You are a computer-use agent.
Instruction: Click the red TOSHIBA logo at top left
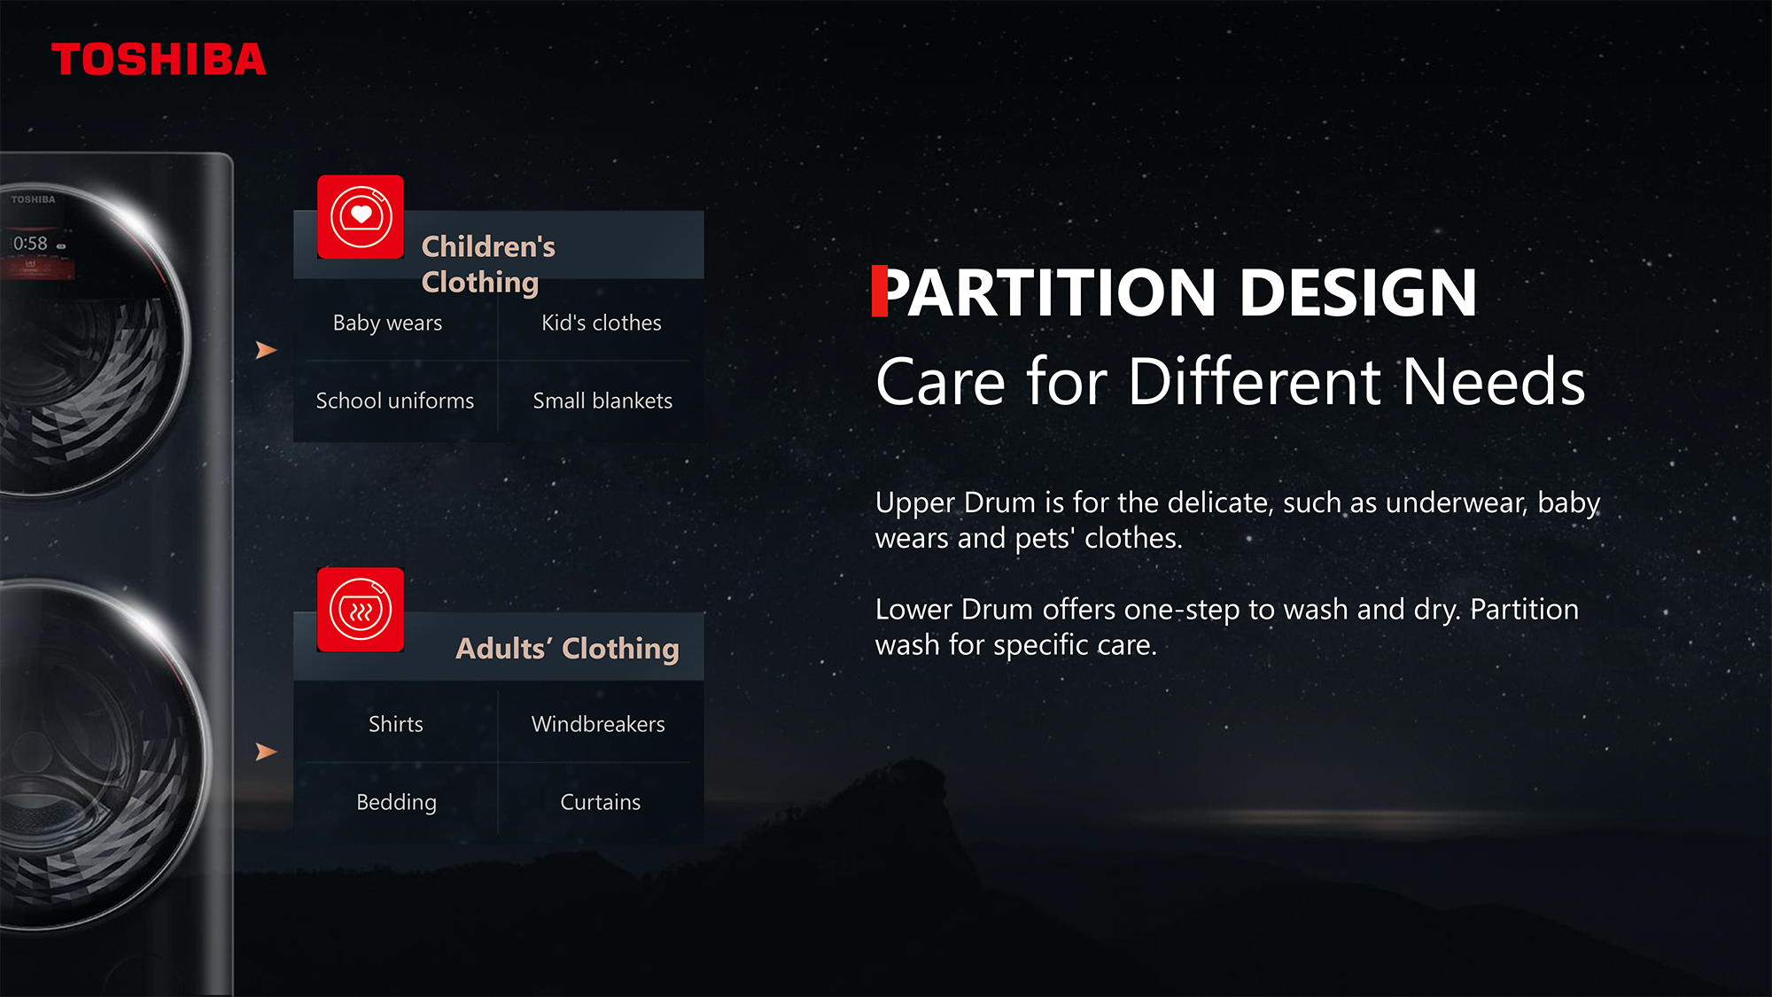(159, 59)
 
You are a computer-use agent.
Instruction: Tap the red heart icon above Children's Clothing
(361, 217)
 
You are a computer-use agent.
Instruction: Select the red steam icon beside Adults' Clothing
(361, 610)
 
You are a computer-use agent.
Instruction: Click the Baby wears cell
(387, 323)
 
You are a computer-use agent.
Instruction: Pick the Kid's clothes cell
(602, 323)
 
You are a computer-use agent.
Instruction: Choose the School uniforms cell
(395, 401)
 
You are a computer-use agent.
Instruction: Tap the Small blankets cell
(602, 401)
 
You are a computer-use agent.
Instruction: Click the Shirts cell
(396, 724)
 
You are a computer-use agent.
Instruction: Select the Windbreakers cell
(598, 724)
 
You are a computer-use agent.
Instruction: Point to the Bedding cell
(396, 803)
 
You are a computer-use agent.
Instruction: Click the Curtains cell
(601, 802)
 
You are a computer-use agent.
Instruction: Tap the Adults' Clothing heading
(567, 649)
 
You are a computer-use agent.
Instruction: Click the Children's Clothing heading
(488, 264)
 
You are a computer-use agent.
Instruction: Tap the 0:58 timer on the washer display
(30, 244)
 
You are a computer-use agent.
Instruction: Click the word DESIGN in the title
(1358, 292)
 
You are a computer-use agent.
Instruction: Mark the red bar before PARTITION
(879, 291)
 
